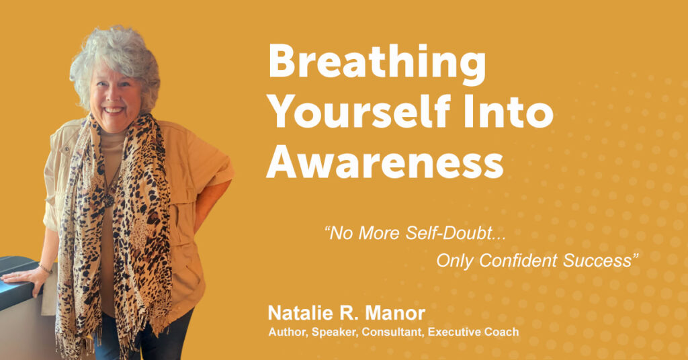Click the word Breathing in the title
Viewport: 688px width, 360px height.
[377, 62]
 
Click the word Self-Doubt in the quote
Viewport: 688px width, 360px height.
[456, 233]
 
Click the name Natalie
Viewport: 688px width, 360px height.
[298, 313]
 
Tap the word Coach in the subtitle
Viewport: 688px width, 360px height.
[504, 332]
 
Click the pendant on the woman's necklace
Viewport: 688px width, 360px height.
[108, 200]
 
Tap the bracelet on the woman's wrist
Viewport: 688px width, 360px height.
[46, 268]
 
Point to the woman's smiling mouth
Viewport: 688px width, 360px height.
[113, 109]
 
